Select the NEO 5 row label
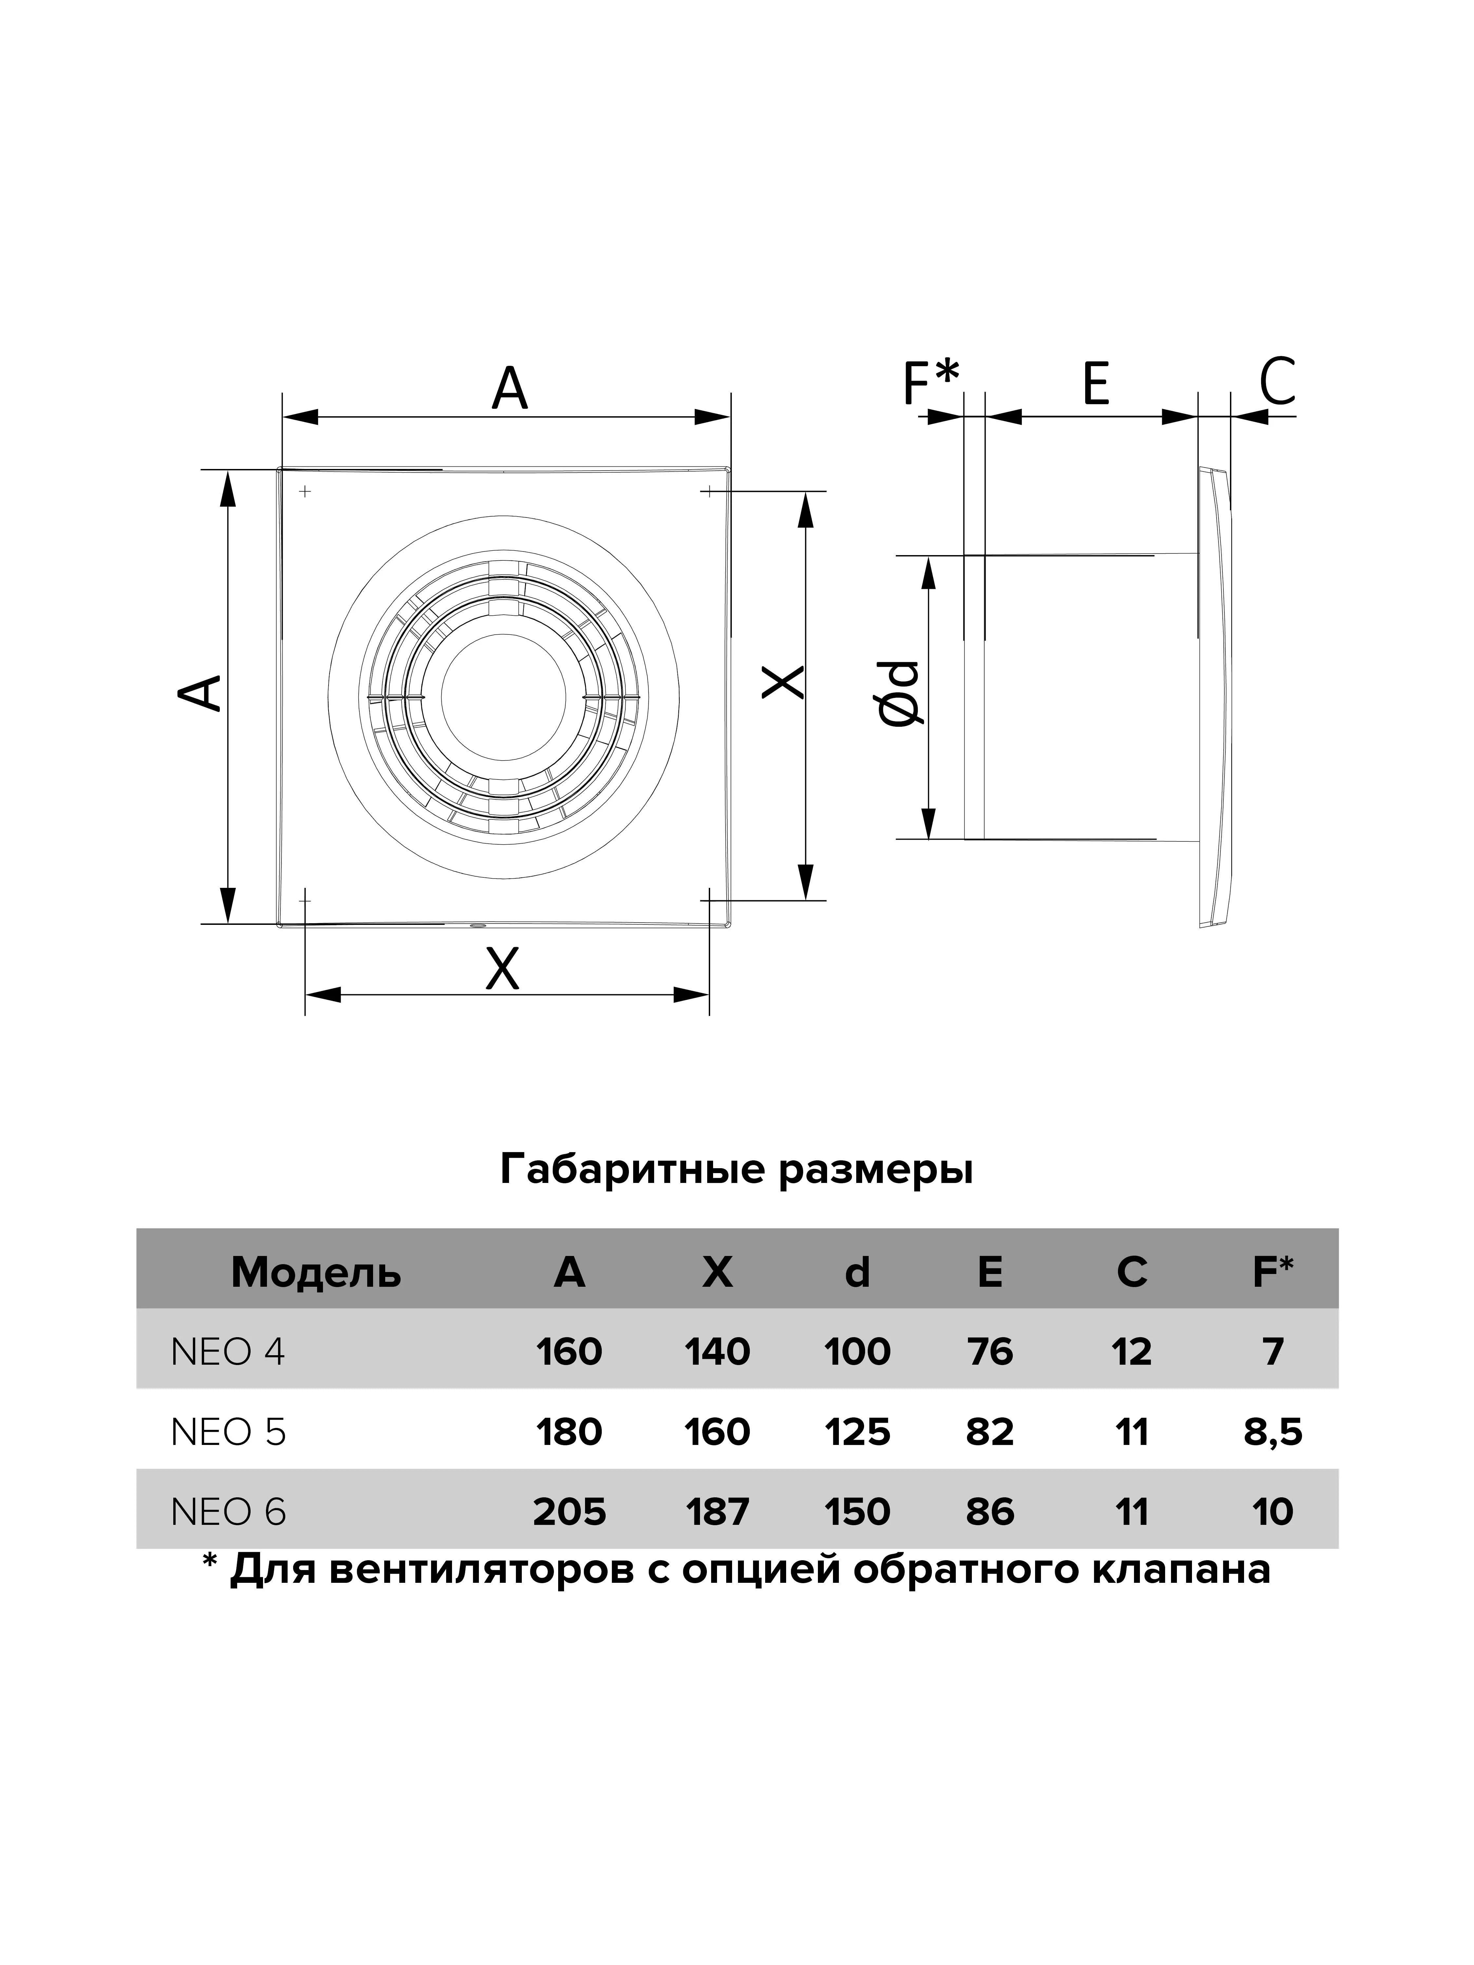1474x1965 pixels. (228, 1432)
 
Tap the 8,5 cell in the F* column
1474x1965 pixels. (1272, 1432)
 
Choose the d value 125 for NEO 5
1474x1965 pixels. (858, 1432)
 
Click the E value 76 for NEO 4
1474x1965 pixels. (990, 1352)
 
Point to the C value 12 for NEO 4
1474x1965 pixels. (1131, 1352)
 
